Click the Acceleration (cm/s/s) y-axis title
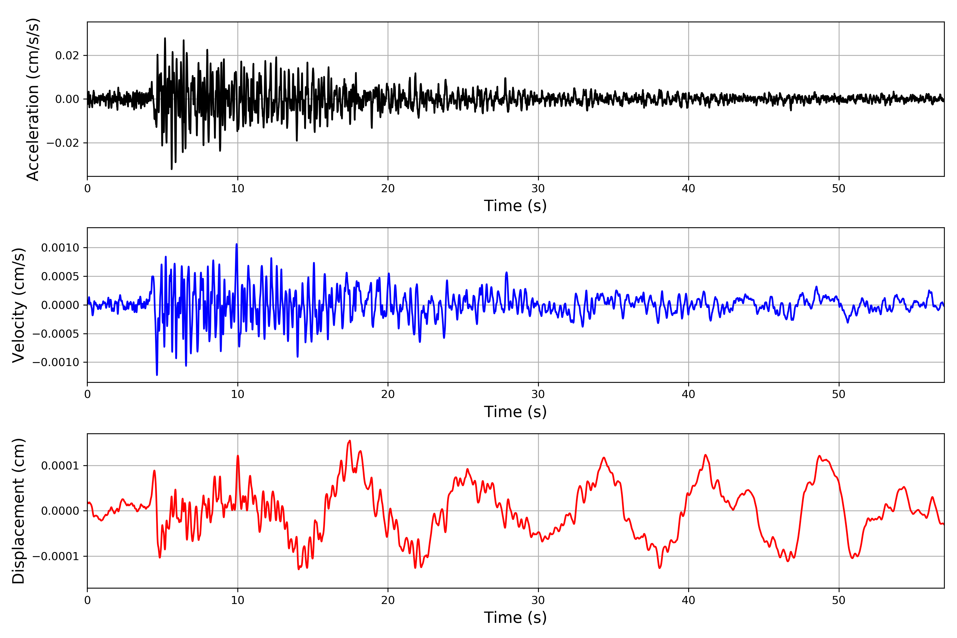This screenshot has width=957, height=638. [x=32, y=99]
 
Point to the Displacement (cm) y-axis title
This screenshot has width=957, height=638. [x=18, y=511]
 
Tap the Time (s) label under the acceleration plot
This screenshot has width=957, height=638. [x=515, y=206]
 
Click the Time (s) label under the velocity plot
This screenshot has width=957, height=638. [x=515, y=412]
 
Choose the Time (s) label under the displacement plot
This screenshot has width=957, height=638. [x=515, y=618]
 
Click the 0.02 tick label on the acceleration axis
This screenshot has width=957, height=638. [x=67, y=55]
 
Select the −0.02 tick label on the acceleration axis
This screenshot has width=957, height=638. [x=63, y=143]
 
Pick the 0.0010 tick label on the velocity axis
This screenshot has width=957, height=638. [x=60, y=248]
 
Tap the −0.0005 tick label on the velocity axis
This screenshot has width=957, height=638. [x=56, y=334]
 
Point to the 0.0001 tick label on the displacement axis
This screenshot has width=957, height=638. [x=60, y=465]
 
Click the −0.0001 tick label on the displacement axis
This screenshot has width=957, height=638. [x=56, y=556]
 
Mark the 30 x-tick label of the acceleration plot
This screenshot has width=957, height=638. [x=538, y=189]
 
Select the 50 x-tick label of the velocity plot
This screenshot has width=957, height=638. [x=839, y=394]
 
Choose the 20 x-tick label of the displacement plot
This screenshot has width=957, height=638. [x=388, y=600]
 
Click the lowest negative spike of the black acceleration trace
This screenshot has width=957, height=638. [x=172, y=169]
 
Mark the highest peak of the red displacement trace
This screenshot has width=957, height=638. [x=350, y=441]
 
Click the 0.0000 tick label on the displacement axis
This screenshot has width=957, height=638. [x=60, y=511]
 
